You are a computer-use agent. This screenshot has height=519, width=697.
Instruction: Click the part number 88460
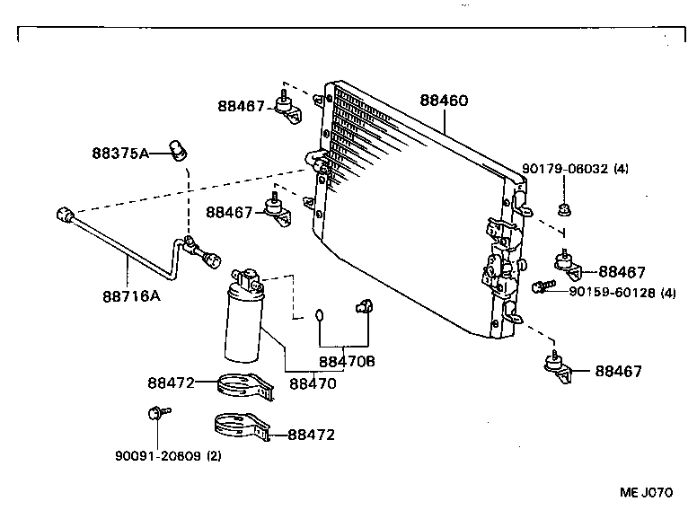443,101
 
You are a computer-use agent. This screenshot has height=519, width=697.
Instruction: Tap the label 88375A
119,153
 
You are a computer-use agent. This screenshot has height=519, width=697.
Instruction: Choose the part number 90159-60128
610,293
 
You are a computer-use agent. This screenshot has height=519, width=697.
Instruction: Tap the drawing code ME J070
645,492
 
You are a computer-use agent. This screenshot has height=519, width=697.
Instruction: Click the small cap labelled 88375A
180,149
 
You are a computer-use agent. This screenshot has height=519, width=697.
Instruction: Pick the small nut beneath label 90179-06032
563,212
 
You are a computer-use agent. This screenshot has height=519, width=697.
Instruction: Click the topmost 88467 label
241,106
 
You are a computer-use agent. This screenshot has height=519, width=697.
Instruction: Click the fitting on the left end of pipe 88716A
64,215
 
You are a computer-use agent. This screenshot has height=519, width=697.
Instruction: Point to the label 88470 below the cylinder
312,383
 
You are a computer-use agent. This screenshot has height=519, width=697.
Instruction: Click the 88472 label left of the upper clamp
171,383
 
